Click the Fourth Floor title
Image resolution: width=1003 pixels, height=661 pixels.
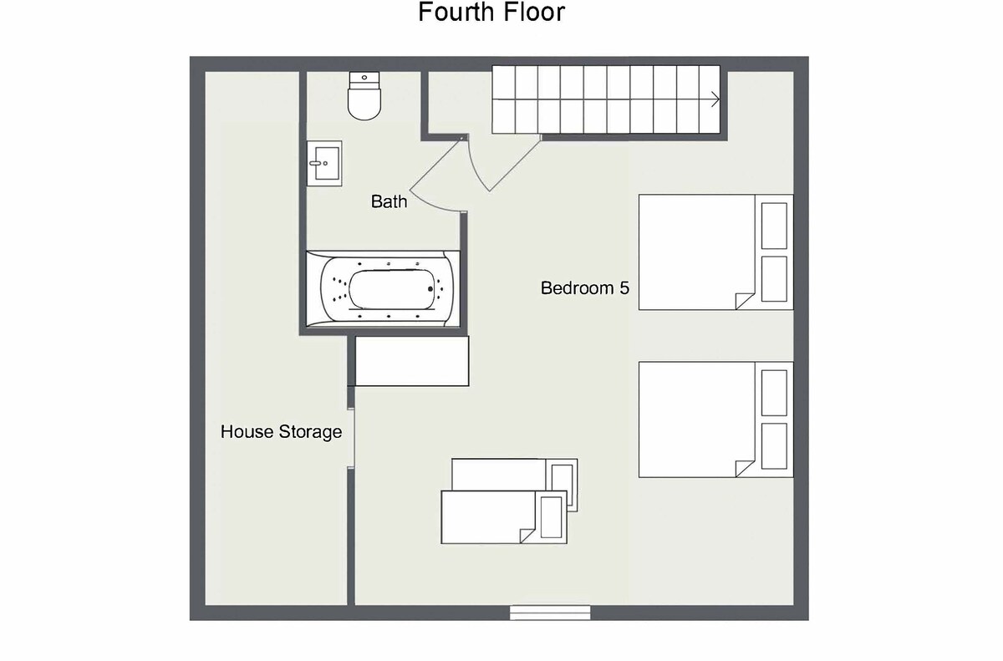[x=491, y=12]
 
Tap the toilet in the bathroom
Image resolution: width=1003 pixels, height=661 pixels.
[x=364, y=96]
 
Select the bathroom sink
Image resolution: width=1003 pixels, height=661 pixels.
[x=324, y=163]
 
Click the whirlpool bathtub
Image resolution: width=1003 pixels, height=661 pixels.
[x=383, y=289]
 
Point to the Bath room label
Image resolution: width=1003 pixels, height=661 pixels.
[x=389, y=201]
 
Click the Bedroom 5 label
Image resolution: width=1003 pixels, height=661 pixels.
[x=585, y=287]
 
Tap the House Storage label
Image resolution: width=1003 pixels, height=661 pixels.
[x=281, y=432]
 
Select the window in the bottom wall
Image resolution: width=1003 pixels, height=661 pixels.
[x=550, y=613]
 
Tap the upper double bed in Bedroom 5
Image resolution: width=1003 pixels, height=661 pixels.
[x=715, y=252]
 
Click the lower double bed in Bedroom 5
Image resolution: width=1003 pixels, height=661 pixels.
[x=715, y=419]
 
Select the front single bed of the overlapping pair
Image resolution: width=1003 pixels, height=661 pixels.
[x=504, y=517]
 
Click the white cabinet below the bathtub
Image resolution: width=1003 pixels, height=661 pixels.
[x=412, y=361]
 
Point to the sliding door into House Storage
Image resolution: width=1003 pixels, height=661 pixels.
[x=351, y=439]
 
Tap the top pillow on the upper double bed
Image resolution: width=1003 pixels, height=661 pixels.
[x=774, y=226]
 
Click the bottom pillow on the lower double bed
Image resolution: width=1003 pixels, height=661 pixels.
[x=774, y=446]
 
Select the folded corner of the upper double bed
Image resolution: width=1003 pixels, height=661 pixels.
[x=745, y=301]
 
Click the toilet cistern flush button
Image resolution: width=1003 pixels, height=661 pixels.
[x=364, y=78]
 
